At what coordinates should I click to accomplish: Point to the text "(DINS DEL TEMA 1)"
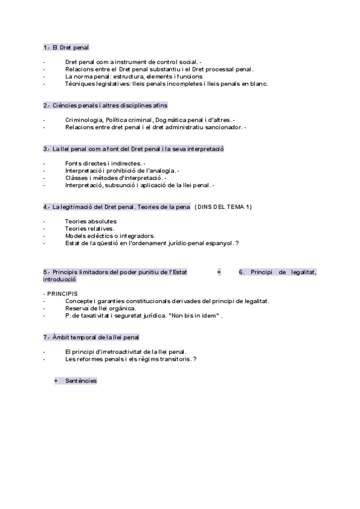223,207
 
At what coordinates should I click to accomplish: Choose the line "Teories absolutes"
91,221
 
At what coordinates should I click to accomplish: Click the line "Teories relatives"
89,229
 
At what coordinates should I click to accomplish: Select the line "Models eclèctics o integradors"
110,236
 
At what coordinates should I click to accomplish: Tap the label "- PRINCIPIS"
60,294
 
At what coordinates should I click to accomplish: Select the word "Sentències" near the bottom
81,381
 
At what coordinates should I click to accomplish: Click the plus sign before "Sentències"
56,381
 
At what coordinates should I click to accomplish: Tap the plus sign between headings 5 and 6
219,272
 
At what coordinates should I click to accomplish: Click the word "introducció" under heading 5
59,279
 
